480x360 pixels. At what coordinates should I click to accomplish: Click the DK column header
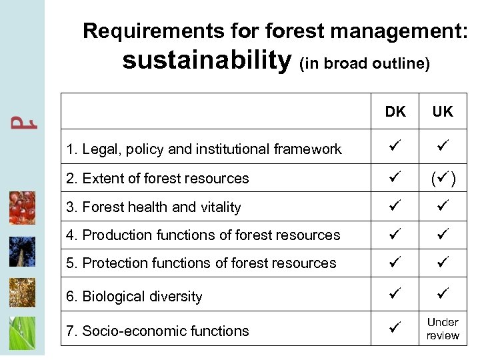pos(395,112)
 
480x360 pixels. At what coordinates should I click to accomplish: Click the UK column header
pos(443,112)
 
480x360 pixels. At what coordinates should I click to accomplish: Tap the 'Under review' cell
pos(443,329)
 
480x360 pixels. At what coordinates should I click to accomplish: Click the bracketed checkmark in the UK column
pos(443,178)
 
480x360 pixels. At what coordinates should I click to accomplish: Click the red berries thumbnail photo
pos(22,208)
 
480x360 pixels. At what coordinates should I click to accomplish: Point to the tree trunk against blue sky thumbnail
pos(22,251)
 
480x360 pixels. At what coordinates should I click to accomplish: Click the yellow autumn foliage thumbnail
pos(22,292)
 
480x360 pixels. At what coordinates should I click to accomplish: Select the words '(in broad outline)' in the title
pos(365,64)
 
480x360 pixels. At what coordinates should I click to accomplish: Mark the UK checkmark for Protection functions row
pos(443,263)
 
